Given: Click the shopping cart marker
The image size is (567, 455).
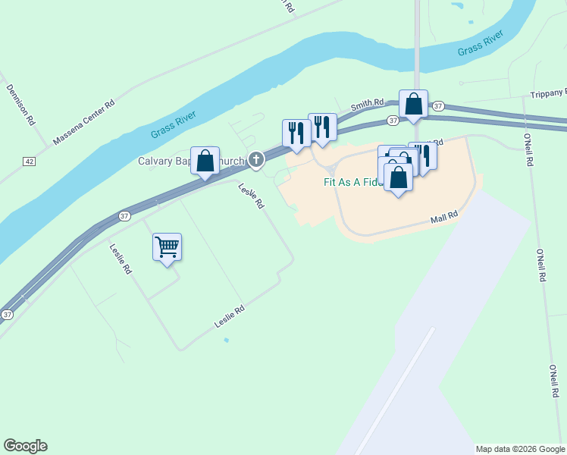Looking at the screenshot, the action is [167, 246].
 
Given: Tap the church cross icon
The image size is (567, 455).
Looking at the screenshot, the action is [256, 159].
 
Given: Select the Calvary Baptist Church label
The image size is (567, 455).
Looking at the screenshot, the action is [191, 161].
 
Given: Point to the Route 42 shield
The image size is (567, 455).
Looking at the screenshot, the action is [29, 162].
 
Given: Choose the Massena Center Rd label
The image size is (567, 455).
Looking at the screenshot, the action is [83, 121].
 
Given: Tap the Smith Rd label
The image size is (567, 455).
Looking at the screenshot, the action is [367, 105].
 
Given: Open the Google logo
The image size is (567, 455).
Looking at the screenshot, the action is [25, 446].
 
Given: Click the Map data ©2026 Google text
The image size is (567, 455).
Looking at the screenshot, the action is [519, 449].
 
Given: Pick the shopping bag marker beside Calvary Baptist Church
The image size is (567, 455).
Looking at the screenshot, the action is [205, 161].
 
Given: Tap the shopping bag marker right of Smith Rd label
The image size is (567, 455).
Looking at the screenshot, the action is [413, 104].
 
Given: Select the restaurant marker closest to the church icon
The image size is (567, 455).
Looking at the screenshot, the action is [296, 133].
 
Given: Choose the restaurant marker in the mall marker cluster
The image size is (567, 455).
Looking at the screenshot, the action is [423, 156].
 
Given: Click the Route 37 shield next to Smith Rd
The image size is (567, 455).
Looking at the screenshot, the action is [392, 121].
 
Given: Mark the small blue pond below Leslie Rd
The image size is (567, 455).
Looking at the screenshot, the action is [226, 340].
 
